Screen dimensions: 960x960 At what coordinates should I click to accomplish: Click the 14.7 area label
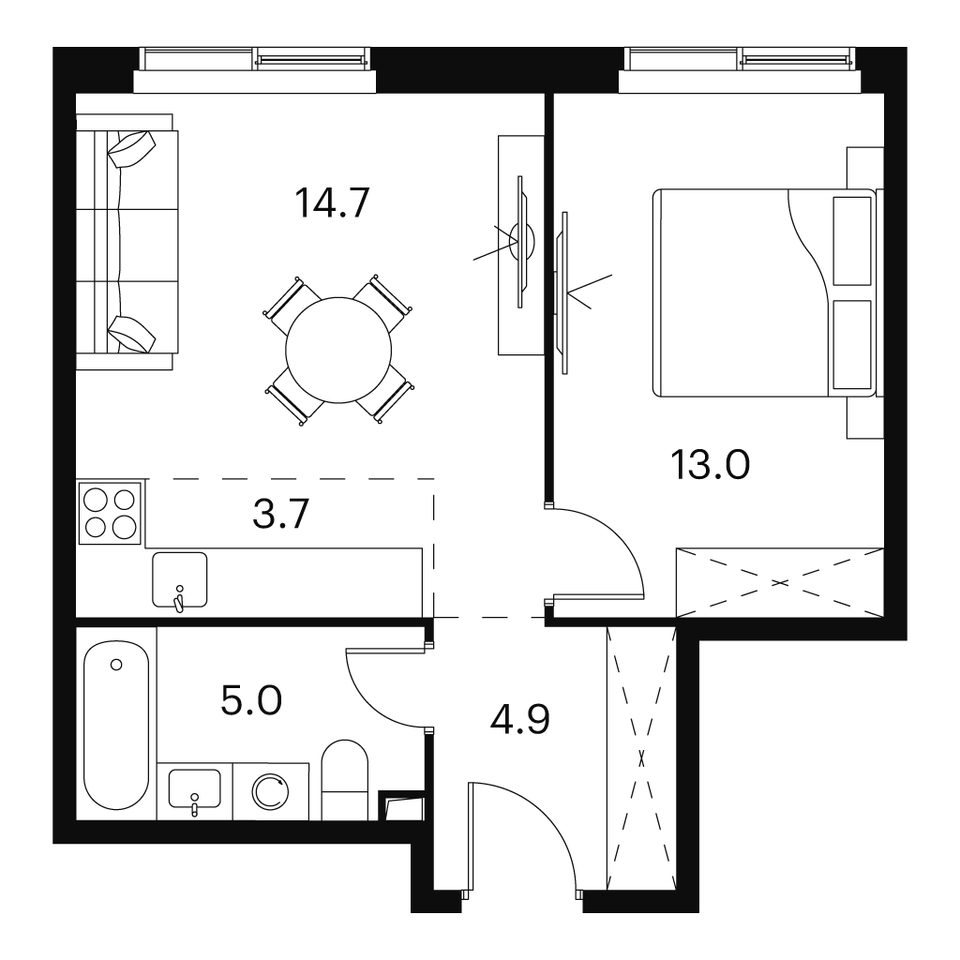coord(333,202)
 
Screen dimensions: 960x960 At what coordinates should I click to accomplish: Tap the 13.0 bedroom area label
coord(711,464)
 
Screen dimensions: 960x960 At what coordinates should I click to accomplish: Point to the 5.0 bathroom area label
coord(251,700)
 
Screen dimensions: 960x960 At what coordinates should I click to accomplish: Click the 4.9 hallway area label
coord(519,719)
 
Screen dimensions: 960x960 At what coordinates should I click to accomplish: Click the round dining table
coord(338,351)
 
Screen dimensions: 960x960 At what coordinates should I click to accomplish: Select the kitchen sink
coord(179,579)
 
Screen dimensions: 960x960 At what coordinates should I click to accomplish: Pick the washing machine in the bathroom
coord(271,791)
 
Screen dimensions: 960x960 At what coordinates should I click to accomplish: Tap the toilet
coord(345,779)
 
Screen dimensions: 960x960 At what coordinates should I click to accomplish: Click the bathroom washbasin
coord(195,788)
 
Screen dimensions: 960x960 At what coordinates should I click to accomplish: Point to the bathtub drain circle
coord(116,665)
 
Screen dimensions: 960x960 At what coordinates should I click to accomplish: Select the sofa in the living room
coord(127,242)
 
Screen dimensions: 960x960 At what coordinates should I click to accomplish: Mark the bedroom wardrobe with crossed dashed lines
coord(780,582)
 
